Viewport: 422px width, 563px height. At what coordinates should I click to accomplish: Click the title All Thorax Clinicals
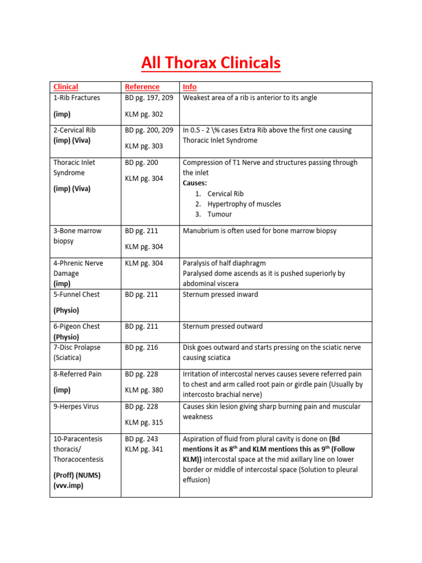point(210,63)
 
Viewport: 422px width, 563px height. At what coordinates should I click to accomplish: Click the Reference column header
point(142,87)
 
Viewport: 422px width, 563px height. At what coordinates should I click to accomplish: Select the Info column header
point(190,87)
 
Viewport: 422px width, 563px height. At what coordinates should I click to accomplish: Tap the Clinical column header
point(65,87)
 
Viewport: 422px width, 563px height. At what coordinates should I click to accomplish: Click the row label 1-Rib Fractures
point(76,98)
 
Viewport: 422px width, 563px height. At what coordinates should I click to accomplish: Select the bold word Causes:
point(195,183)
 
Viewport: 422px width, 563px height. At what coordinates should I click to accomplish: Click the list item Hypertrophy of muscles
point(244,204)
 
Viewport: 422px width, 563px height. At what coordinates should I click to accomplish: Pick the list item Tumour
point(219,214)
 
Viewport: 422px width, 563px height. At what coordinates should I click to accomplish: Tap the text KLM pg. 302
point(144,114)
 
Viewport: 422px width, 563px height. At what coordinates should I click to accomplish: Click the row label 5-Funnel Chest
point(76,295)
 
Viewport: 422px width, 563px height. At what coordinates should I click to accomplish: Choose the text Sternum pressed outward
point(223,327)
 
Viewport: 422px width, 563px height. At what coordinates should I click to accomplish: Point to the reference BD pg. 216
point(141,347)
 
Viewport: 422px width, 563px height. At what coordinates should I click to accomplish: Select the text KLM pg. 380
point(144,390)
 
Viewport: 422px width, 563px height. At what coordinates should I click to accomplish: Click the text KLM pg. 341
point(144,449)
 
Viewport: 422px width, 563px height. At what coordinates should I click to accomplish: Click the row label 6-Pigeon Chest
point(77,327)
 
